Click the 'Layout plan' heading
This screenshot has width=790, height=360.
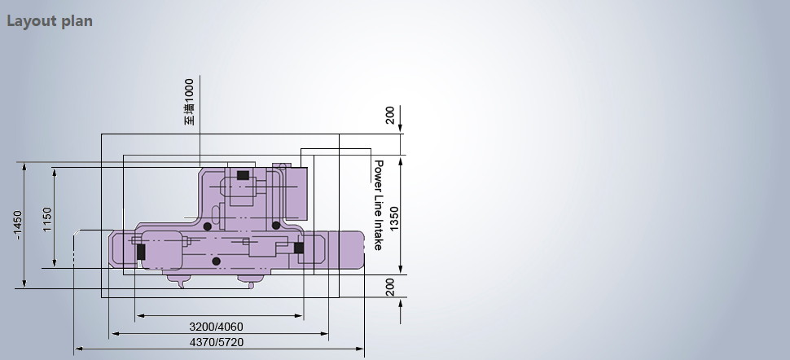pos(50,21)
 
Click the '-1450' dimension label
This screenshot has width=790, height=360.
pos(18,225)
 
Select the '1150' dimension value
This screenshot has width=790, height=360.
pos(47,219)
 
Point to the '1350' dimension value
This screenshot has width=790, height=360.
pos(393,219)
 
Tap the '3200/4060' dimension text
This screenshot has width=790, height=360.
pos(216,327)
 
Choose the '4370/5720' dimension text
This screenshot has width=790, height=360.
pos(217,342)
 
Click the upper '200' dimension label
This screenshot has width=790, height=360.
pos(390,115)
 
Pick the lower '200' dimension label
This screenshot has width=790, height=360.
pos(390,287)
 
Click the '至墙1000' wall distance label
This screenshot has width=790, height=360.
pos(189,102)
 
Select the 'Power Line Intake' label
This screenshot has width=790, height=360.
pos(378,204)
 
